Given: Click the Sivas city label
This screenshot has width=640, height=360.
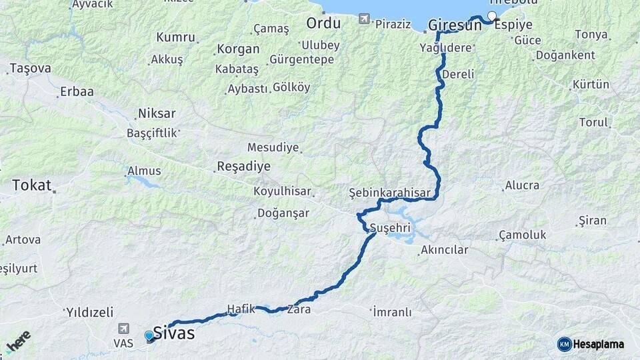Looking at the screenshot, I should coord(174,333).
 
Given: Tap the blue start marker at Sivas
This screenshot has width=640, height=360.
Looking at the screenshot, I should coord(149,336).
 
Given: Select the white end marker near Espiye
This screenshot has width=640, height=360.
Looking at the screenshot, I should coord(492,16).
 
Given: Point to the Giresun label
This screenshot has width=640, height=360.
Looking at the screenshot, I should coord(455,24).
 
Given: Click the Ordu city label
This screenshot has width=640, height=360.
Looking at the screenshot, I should coord(323,23).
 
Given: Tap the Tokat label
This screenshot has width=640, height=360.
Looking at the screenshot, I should coord(31,185).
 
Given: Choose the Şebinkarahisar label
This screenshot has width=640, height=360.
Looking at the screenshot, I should coord(393,193).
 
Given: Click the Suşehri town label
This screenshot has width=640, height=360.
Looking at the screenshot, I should coord(391,226).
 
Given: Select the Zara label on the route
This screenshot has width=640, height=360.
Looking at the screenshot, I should coord(299,309).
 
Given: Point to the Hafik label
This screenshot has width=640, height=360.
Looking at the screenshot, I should coord(241,308).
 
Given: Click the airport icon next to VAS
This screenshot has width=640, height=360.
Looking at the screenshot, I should coord(123,329).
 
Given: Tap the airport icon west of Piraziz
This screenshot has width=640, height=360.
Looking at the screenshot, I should coord(363,19).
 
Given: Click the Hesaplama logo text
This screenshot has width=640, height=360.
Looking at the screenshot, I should coord(599,345).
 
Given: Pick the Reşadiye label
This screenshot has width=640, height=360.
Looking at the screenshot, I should coord(243,167).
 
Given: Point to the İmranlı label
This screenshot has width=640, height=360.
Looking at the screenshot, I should coord(392,311).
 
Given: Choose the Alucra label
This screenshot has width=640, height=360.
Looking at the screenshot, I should coord(522,185).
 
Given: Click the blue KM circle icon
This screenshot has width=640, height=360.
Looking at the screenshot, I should coord(565,345).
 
